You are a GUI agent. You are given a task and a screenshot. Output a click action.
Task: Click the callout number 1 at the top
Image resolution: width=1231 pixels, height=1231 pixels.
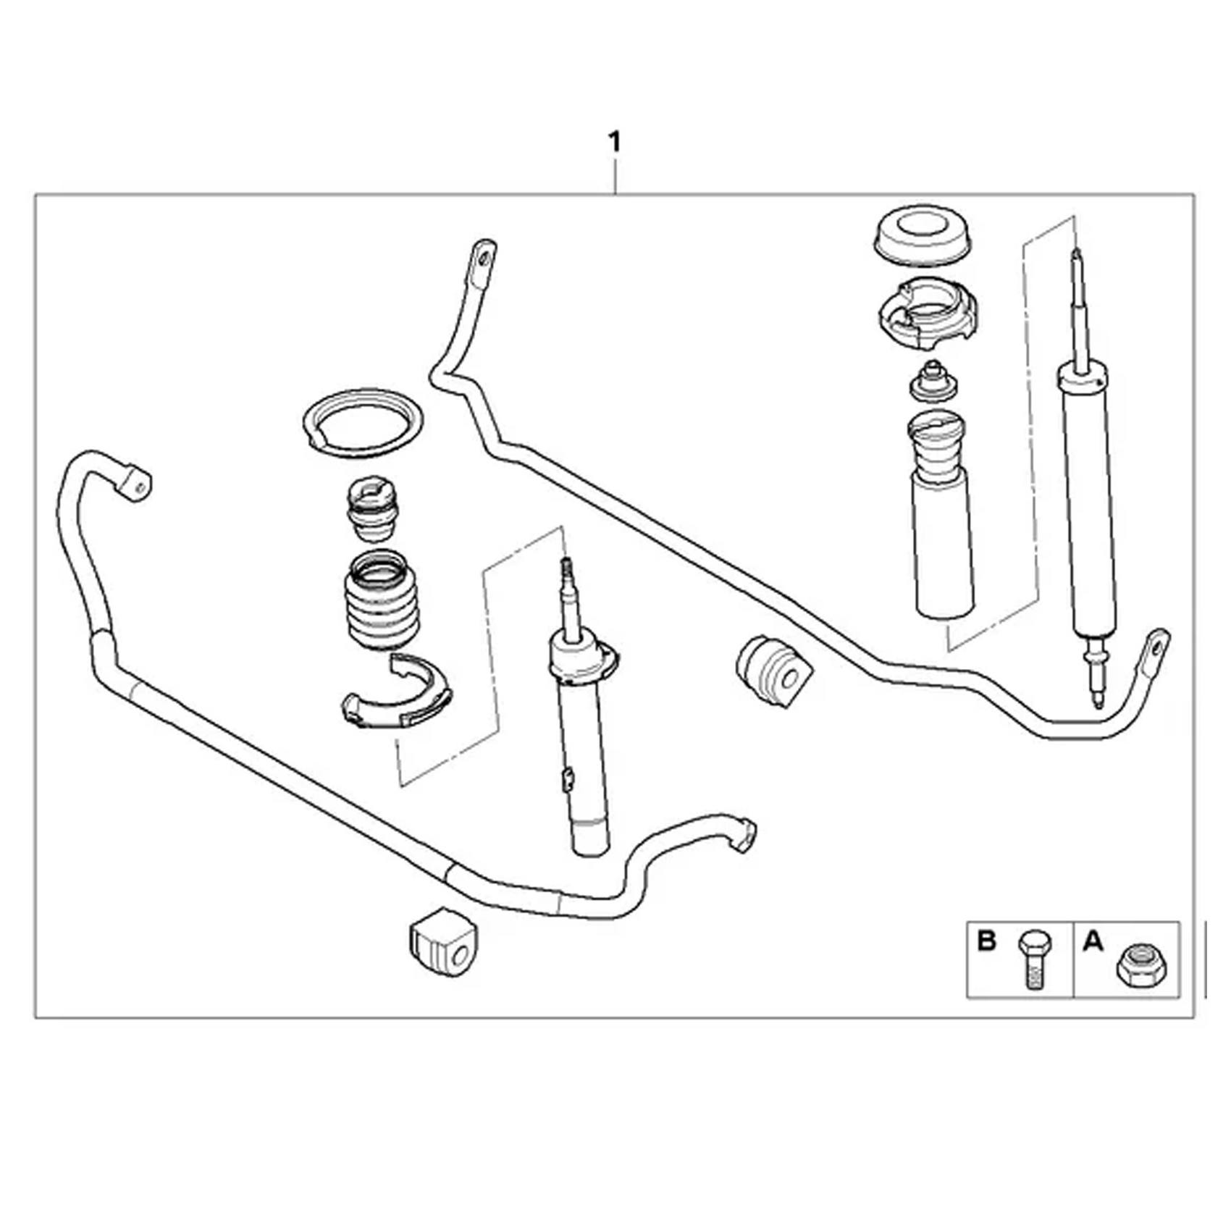pyautogui.click(x=615, y=143)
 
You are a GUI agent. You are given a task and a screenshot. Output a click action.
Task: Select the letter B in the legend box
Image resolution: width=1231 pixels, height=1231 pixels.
pyautogui.click(x=986, y=941)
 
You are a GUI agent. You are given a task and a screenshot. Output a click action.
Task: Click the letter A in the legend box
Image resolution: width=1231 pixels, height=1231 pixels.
pyautogui.click(x=1092, y=941)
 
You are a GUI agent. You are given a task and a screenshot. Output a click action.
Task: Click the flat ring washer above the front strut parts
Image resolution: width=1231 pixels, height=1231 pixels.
pyautogui.click(x=363, y=422)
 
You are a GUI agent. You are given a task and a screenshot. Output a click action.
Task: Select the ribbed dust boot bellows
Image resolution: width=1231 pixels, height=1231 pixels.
pyautogui.click(x=382, y=601)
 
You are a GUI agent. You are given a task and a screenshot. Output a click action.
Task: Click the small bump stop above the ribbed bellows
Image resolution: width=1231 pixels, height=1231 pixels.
pyautogui.click(x=373, y=508)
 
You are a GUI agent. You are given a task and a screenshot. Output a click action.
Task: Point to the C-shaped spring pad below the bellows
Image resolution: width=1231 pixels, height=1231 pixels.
pyautogui.click(x=397, y=693)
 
